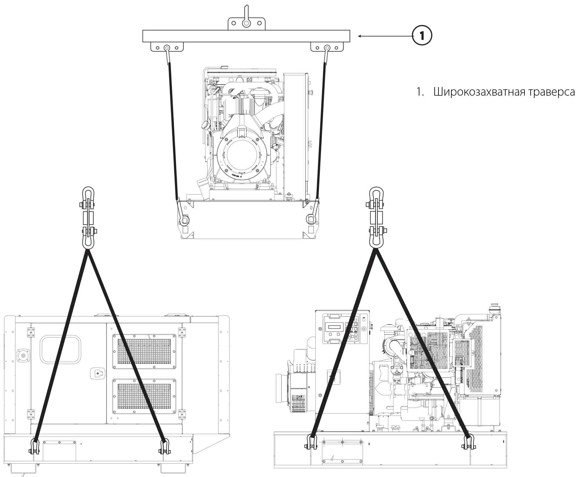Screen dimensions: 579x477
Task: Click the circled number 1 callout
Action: [x=422, y=36]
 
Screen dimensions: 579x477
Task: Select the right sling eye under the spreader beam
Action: [x=327, y=48]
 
